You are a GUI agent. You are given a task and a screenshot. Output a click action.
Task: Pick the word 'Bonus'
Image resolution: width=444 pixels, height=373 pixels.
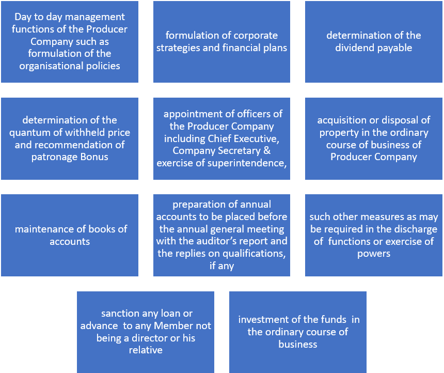coord(94,157)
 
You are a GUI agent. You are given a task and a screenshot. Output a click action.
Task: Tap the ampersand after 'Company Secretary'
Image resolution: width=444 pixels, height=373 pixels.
coord(267,150)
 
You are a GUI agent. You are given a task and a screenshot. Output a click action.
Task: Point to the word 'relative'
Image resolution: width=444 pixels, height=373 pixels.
coord(146,350)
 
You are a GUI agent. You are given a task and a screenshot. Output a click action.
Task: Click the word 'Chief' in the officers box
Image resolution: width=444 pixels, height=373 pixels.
coord(218,138)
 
